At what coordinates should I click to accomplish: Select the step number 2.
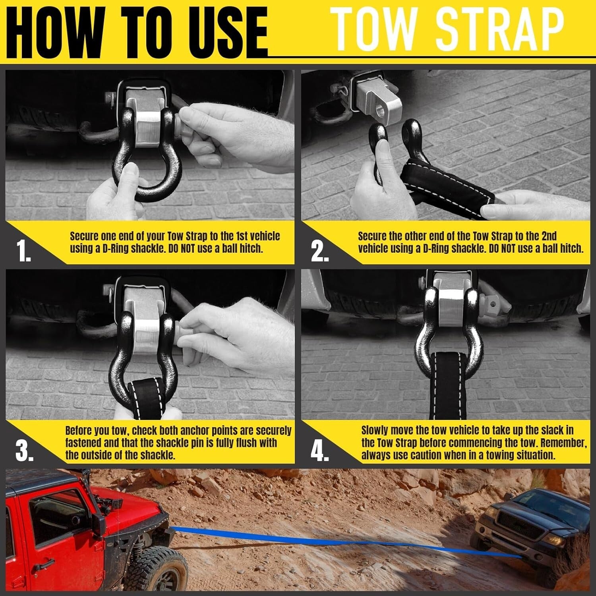[319, 251]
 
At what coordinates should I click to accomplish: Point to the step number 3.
[24, 451]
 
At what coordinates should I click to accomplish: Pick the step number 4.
[319, 451]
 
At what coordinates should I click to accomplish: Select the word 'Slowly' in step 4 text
[375, 430]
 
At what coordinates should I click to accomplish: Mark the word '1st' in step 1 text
[243, 236]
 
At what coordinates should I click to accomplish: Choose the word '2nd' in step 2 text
[549, 236]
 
